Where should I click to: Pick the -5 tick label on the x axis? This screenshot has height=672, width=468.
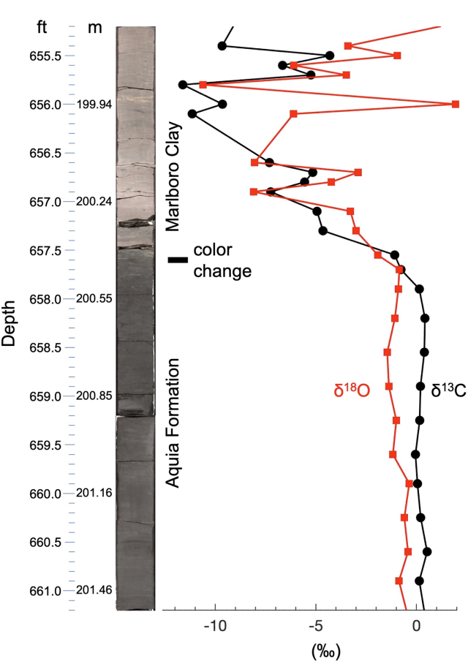tap(316, 628)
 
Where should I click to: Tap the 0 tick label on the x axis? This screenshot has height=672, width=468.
tap(417, 628)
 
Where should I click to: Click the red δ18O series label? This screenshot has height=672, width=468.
tap(352, 390)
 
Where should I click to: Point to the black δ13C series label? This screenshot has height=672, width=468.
tap(447, 390)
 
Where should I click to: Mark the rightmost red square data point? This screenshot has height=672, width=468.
tap(456, 105)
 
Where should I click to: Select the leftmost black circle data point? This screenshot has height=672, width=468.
tap(183, 85)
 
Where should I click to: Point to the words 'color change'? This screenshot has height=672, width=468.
tap(222, 260)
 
